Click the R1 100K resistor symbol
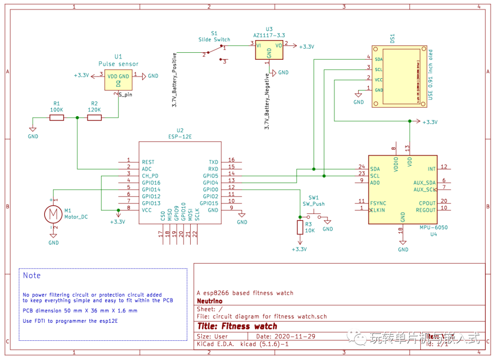point(57,118)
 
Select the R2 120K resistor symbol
point(95,118)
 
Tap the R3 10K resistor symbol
point(300,227)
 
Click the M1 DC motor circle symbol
point(53,214)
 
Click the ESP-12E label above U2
point(180,136)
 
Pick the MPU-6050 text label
point(433,227)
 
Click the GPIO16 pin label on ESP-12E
point(151,183)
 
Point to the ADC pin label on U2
point(147,169)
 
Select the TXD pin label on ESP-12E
point(214,162)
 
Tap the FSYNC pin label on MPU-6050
point(378,203)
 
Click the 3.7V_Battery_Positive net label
point(175,80)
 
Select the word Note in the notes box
point(32,276)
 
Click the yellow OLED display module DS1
point(400,77)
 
